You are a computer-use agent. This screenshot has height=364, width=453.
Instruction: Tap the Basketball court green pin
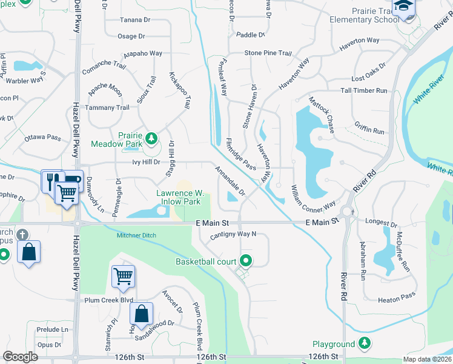tap(245, 261)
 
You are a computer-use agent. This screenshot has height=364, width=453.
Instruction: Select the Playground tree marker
tap(364, 344)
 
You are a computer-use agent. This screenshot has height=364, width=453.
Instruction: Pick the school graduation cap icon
tap(402, 7)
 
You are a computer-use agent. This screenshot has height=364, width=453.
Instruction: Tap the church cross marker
tap(22, 234)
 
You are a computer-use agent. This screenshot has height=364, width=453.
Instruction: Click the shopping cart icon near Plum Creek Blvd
tap(123, 276)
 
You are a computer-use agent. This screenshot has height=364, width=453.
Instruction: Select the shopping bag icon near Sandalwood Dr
tap(142, 314)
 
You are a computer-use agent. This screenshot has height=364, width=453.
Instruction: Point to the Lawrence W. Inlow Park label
tap(179, 197)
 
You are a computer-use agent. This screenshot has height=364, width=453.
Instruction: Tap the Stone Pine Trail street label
tap(268, 53)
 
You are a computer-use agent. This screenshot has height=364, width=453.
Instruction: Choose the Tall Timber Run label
tap(364, 90)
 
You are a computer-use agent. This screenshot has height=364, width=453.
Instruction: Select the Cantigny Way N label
tap(234, 234)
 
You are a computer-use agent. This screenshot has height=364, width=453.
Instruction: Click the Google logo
tap(21, 357)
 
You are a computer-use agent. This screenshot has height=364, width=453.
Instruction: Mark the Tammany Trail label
tap(108, 107)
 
